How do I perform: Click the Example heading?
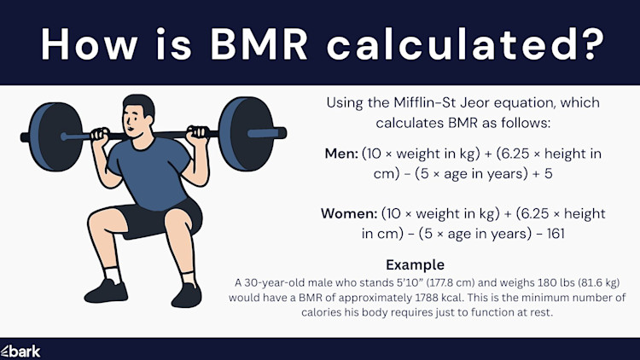415,264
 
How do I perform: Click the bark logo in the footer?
20,351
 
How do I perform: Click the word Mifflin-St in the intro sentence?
422,103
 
